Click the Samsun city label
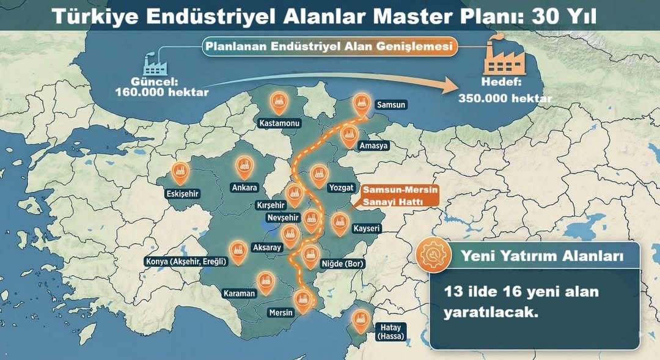click(x=391, y=105)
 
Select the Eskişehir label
click(x=183, y=194)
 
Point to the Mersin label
click(x=282, y=312)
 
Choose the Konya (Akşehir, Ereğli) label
click(x=186, y=262)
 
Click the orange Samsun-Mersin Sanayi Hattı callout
click(x=400, y=196)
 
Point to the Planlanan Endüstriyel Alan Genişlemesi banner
click(x=331, y=46)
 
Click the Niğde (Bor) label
click(x=342, y=264)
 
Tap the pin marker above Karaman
click(x=265, y=280)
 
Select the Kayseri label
click(x=367, y=229)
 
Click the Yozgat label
click(x=341, y=188)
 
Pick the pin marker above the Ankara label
click(x=245, y=166)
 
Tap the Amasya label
click(x=373, y=146)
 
